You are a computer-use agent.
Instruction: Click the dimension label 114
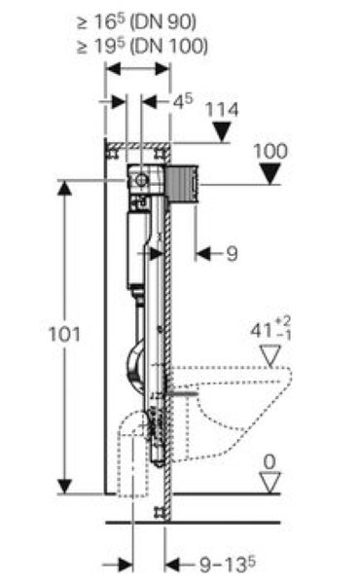pos(222,110)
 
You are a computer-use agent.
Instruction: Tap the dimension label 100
pos(270,151)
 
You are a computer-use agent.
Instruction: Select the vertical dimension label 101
pos(64,334)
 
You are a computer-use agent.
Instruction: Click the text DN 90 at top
pos(163,22)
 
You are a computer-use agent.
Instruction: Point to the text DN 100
pos(169,46)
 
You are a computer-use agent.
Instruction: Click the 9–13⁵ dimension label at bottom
pos(228,565)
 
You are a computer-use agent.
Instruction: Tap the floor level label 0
pos(270,462)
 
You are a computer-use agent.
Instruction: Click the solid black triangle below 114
pos(222,132)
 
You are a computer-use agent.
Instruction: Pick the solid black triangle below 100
pos(270,174)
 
